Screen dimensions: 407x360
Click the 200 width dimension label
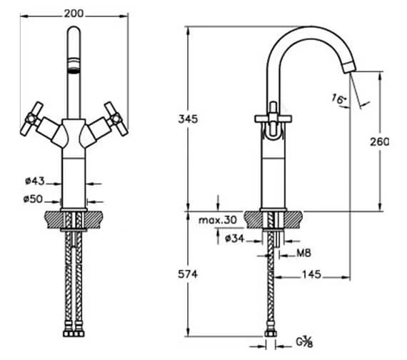74,14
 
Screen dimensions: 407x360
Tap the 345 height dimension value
188,119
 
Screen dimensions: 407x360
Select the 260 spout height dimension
379,142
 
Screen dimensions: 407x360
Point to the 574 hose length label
188,274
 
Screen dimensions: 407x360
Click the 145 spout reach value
311,274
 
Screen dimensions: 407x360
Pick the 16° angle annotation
339,99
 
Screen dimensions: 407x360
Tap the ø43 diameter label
35,181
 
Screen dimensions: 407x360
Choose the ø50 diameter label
33,199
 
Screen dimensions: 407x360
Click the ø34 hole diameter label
235,238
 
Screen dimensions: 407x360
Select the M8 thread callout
303,253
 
